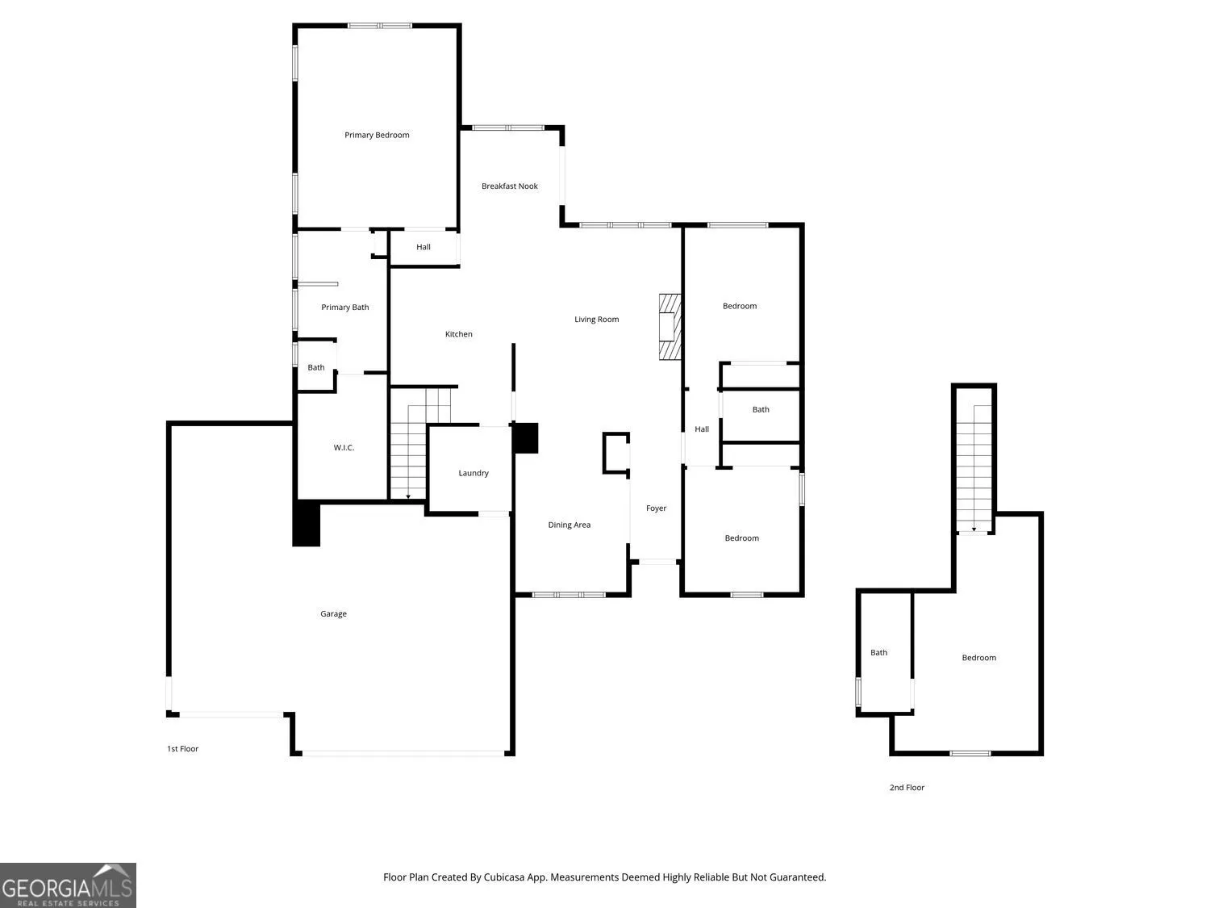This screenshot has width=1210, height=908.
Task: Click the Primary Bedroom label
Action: (x=377, y=135)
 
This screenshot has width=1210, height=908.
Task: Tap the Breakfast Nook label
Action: (x=509, y=186)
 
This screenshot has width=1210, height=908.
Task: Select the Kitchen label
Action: (x=459, y=334)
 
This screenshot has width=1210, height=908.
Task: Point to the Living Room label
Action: (x=596, y=319)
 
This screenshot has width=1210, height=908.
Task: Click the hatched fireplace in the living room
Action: (x=670, y=327)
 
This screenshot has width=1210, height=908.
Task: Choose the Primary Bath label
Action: (x=345, y=307)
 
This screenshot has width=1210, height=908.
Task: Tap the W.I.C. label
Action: (x=344, y=448)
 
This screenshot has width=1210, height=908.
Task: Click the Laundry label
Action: (x=474, y=473)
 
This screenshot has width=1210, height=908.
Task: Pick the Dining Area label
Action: (x=569, y=525)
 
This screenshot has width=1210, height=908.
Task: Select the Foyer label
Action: (x=656, y=508)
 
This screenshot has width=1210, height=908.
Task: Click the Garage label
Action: (x=333, y=613)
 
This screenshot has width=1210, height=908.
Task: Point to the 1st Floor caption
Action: (x=182, y=749)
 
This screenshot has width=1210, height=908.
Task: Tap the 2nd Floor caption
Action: (x=907, y=787)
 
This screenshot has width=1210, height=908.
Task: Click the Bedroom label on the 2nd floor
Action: (x=979, y=658)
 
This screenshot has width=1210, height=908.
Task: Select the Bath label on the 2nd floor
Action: (x=878, y=653)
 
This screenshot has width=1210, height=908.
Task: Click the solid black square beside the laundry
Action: (x=525, y=438)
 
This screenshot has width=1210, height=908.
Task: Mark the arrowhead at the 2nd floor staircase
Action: (x=974, y=529)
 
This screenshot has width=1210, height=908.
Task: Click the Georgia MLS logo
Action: (x=68, y=885)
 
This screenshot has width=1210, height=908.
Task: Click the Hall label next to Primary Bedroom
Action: (x=423, y=247)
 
